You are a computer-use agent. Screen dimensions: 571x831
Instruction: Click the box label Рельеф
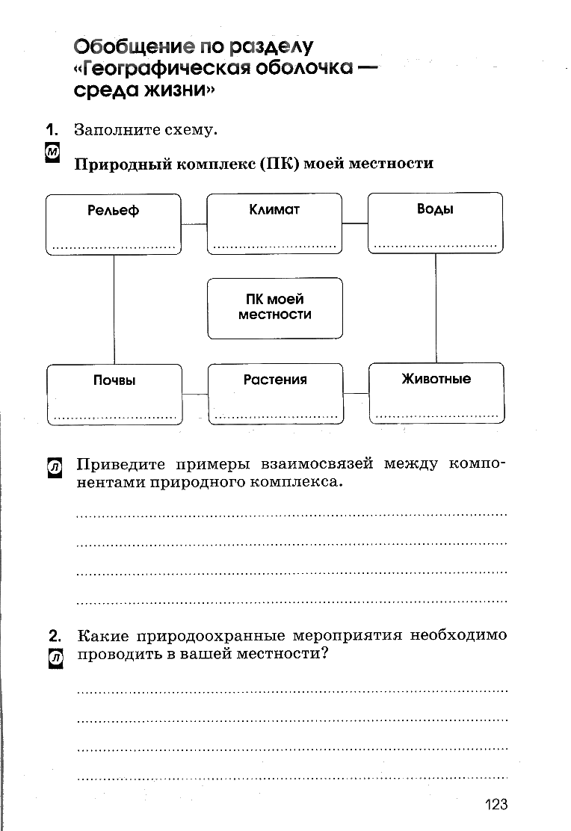click(x=113, y=211)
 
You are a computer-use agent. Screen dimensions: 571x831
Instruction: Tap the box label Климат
click(x=274, y=209)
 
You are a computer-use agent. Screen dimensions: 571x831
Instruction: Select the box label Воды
click(x=435, y=208)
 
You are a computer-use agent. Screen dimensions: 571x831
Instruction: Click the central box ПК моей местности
click(x=274, y=308)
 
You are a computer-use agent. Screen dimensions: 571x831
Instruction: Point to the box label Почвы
click(x=114, y=380)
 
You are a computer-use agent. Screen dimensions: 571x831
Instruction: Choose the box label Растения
click(x=274, y=380)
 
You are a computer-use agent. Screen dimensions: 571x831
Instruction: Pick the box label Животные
click(x=436, y=378)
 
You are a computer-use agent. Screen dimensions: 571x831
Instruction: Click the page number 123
click(x=496, y=805)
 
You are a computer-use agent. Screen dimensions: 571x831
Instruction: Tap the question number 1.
click(x=52, y=129)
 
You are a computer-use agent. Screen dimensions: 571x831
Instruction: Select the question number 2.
click(x=55, y=635)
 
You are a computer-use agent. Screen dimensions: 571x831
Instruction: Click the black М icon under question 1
click(x=52, y=152)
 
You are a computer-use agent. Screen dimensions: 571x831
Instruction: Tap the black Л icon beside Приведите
click(x=55, y=468)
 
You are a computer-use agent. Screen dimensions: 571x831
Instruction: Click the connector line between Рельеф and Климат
click(x=194, y=224)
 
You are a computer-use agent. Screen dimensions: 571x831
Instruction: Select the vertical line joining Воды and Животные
click(x=436, y=308)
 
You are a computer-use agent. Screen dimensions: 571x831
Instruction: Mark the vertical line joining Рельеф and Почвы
click(x=114, y=309)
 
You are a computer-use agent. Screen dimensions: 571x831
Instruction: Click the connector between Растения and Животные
click(x=357, y=393)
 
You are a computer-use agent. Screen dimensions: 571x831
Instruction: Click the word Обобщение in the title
click(x=134, y=46)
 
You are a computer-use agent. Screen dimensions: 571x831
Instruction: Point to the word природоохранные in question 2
click(x=211, y=635)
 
